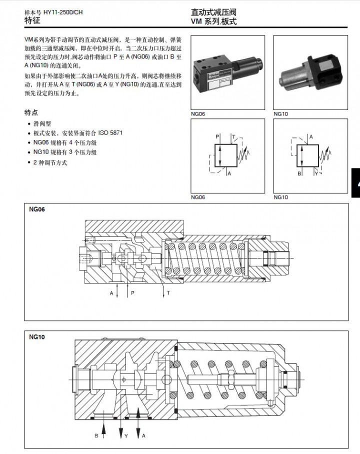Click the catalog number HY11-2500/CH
tap(63, 11)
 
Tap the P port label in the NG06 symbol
tap(217, 136)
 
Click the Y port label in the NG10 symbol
tap(316, 174)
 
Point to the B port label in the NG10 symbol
tap(299, 174)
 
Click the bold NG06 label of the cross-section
tap(37, 210)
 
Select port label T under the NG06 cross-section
tap(168, 292)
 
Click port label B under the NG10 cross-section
tap(96, 436)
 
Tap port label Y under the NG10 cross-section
tap(126, 436)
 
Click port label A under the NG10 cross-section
tap(144, 436)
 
